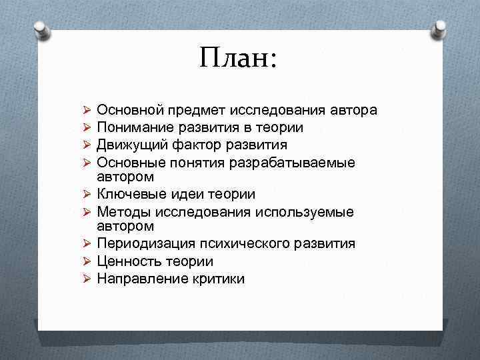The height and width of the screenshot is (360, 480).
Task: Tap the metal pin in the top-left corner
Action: click(40, 29)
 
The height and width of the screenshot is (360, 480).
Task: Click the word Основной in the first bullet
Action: click(128, 110)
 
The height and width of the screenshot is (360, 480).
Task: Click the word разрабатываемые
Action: click(299, 161)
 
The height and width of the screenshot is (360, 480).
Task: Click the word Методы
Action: click(122, 211)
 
